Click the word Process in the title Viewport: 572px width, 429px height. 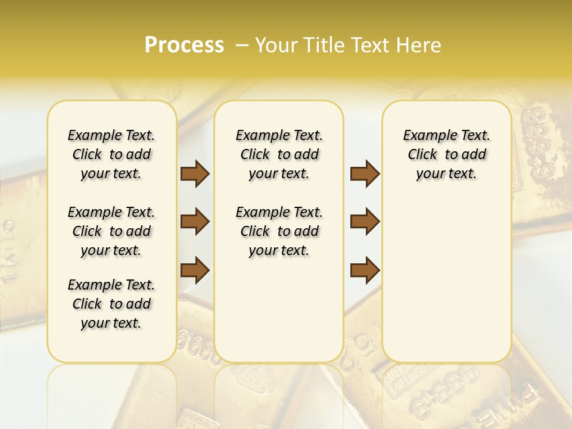pos(184,45)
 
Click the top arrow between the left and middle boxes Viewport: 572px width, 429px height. pos(195,173)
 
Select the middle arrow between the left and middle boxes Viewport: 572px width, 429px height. pos(195,222)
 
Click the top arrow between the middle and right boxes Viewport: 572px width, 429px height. pos(365,173)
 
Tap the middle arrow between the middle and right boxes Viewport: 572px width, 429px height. pos(365,222)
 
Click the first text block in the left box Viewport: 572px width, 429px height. pos(111,154)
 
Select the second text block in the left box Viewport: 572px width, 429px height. pos(111,231)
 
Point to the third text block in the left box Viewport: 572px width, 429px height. pos(111,304)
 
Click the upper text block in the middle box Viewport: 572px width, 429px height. pos(279,154)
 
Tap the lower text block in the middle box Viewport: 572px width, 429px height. pos(279,231)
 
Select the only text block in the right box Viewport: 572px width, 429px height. pos(446,154)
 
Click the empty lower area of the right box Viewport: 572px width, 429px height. pos(446,280)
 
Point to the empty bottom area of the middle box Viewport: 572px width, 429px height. pos(279,316)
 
